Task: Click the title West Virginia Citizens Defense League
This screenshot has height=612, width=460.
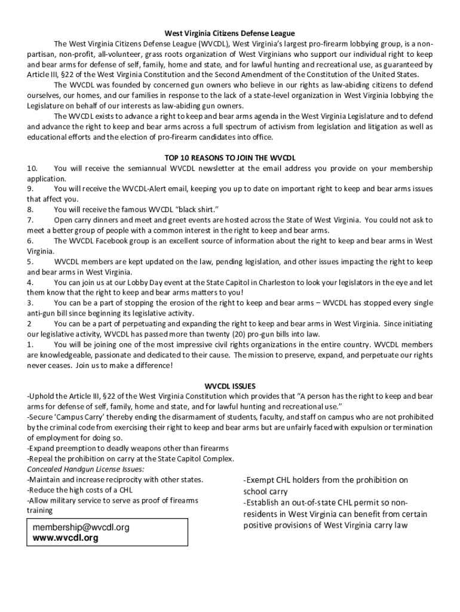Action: coord(230,33)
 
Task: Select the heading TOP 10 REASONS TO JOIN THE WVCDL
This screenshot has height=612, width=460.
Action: coord(230,158)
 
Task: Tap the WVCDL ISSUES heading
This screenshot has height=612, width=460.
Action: coord(230,386)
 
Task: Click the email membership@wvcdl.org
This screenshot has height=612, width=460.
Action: coord(81,528)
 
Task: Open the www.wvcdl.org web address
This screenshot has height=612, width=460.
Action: coord(66,538)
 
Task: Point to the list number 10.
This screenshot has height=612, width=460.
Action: coord(33,169)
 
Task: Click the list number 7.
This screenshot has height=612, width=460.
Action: coord(30,220)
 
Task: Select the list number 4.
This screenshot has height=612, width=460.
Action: coord(30,282)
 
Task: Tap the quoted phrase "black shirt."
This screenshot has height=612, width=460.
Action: coord(191,210)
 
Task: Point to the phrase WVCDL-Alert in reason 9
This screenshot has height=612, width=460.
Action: coord(144,189)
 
